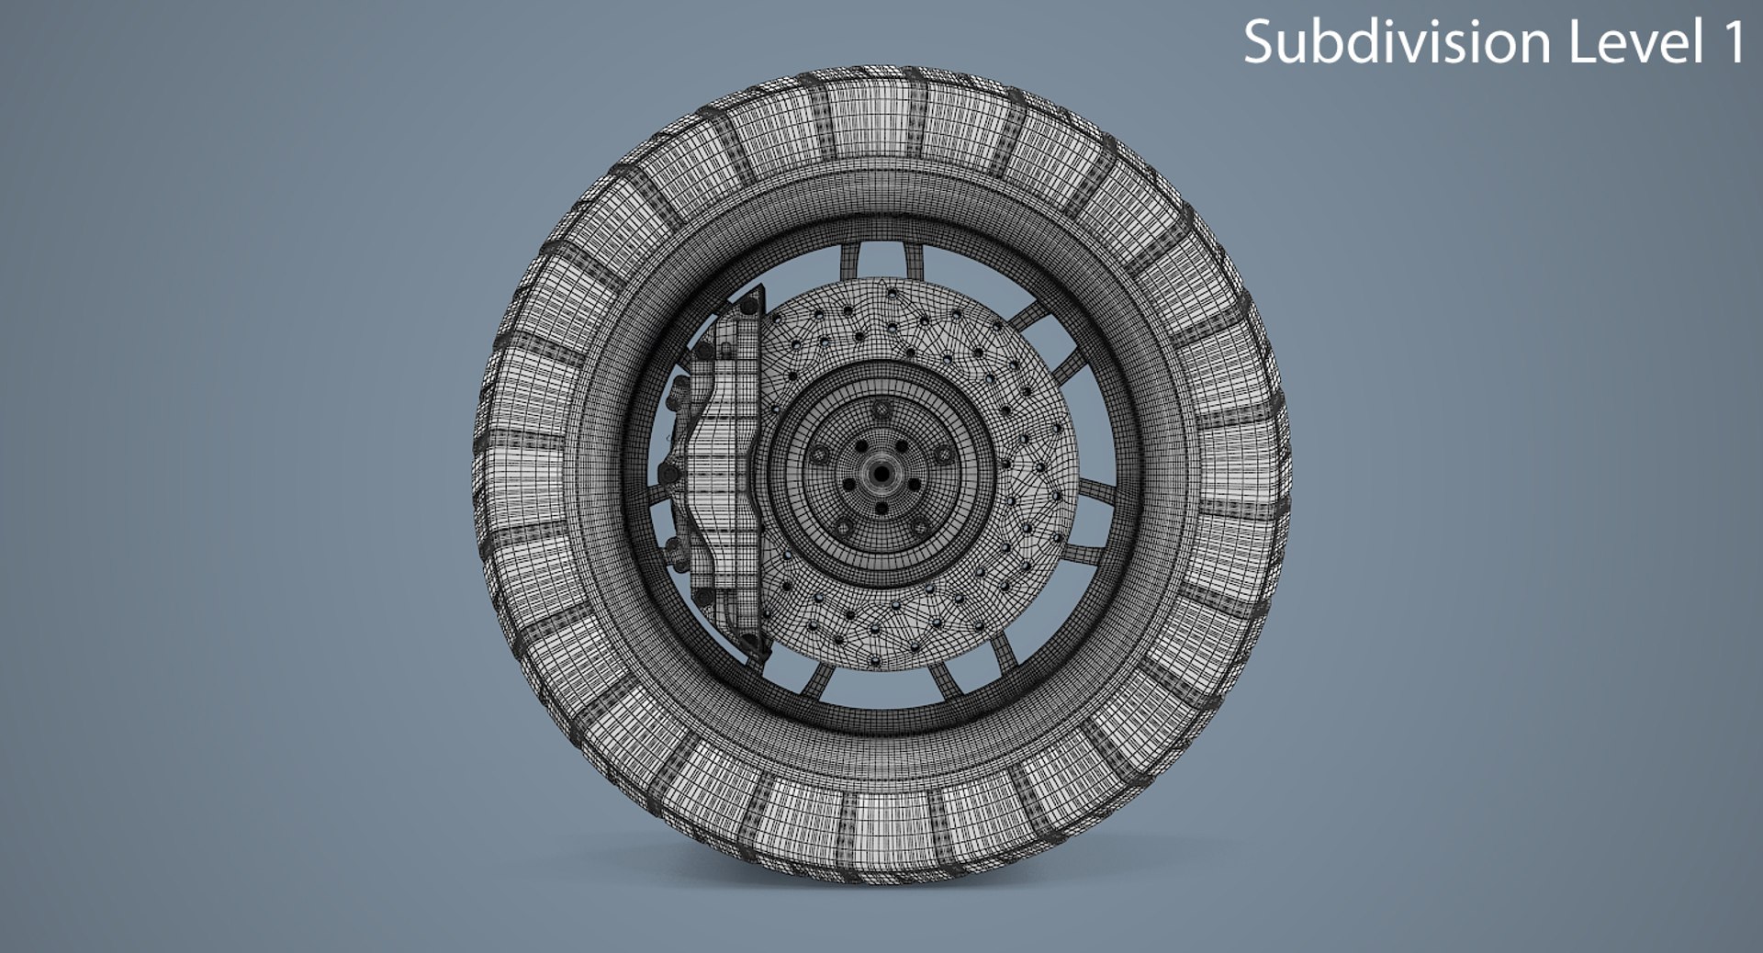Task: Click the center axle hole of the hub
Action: pyautogui.click(x=881, y=474)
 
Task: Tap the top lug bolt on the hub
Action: pyautogui.click(x=881, y=409)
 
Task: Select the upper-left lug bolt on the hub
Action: pyautogui.click(x=819, y=454)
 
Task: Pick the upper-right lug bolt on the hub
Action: pyautogui.click(x=944, y=454)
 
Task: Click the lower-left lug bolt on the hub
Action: pyautogui.click(x=843, y=527)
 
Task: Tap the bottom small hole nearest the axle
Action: pyautogui.click(x=881, y=508)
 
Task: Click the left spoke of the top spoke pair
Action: pyautogui.click(x=850, y=261)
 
